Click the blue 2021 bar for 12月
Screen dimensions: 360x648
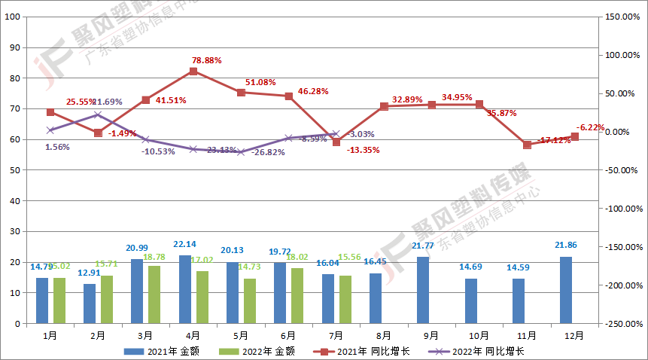pos(566,290)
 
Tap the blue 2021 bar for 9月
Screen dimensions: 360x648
pos(423,290)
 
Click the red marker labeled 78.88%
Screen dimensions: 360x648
pos(193,72)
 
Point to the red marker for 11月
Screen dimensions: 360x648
pos(527,145)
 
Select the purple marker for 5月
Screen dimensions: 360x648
pos(241,152)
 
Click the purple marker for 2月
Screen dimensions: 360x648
pos(98,114)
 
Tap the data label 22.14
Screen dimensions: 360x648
pos(184,245)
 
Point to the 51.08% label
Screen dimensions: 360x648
pos(260,83)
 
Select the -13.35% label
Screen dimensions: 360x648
pos(363,150)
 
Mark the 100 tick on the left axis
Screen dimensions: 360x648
pos(14,17)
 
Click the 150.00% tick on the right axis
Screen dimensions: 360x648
pos(622,17)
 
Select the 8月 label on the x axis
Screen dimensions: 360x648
pos(383,335)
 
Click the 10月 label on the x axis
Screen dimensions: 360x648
pos(479,335)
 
